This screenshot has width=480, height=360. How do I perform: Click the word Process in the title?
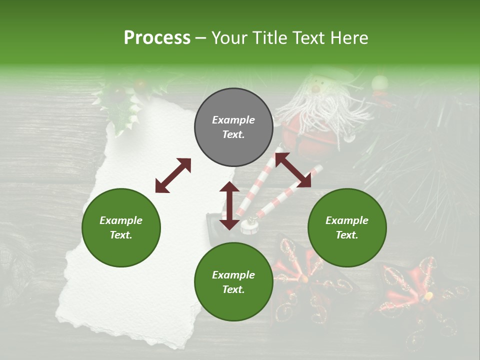(157, 38)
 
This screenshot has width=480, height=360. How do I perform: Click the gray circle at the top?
(233, 127)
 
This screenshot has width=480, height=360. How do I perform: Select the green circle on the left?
(121, 227)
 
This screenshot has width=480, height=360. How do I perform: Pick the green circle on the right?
(347, 227)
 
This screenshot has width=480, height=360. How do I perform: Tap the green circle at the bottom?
(233, 282)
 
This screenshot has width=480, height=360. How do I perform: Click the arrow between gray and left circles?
(173, 175)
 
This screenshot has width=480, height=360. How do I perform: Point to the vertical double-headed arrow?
(229, 205)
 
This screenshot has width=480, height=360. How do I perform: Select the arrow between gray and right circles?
(292, 170)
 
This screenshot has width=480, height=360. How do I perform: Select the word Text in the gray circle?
(233, 135)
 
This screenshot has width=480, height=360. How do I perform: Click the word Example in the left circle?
(121, 220)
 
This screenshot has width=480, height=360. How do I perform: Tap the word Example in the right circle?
(347, 220)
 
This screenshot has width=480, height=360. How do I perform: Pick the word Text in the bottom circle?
(233, 289)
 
